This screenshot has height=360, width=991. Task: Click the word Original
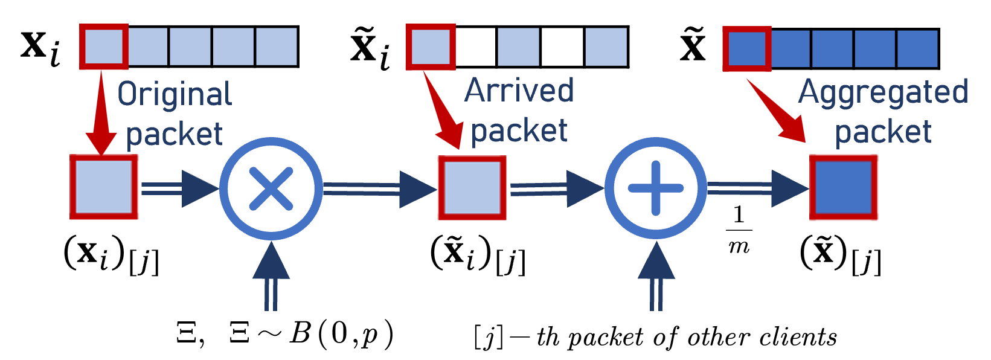point(175,95)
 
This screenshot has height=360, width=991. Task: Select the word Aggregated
point(883,92)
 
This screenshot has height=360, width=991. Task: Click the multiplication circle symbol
point(271,188)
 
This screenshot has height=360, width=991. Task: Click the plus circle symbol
point(656,188)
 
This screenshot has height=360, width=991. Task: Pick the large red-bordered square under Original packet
point(104,187)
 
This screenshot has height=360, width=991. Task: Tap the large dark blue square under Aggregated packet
point(844,188)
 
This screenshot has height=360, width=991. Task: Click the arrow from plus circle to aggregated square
point(758,189)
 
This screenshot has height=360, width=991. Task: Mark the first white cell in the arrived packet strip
point(475,47)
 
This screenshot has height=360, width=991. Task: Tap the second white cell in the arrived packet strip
point(562,47)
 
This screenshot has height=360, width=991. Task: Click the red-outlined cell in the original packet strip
point(104,47)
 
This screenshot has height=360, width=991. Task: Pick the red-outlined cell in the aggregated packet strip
point(747,48)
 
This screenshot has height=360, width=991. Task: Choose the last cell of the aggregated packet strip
point(917,48)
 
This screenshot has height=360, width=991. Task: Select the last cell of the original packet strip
point(277,47)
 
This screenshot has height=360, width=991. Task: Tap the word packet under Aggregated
point(883,132)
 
